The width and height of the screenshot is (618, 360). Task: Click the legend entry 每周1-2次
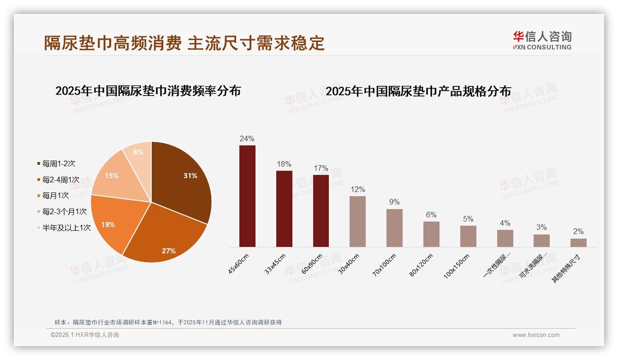click(58, 163)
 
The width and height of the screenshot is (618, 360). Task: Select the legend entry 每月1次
click(55, 195)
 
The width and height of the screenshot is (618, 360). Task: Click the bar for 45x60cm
click(247, 196)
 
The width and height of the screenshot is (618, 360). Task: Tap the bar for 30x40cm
click(357, 222)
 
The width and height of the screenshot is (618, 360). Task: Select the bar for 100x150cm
click(468, 236)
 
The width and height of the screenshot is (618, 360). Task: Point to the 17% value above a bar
click(321, 168)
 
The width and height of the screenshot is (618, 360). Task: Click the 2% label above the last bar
click(578, 232)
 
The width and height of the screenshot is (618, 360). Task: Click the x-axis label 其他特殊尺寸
click(566, 269)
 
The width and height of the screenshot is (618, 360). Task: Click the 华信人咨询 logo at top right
click(542, 40)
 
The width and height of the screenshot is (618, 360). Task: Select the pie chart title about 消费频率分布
click(148, 90)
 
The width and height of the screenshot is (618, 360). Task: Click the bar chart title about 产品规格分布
click(418, 91)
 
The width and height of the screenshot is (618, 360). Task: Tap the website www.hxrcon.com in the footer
click(536, 335)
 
